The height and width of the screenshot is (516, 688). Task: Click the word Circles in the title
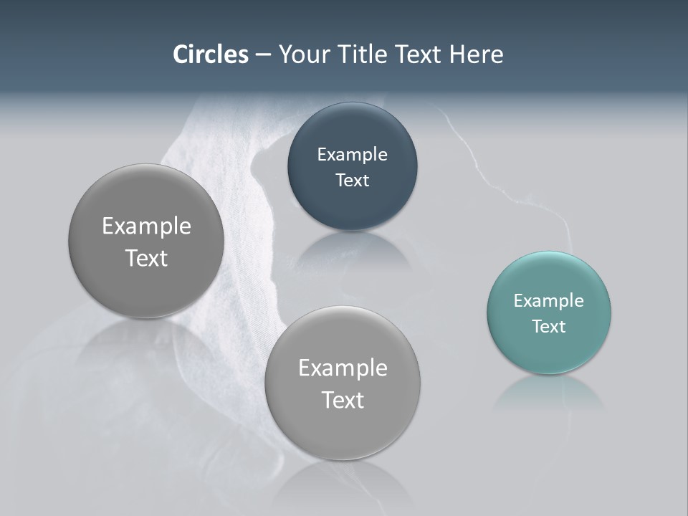[x=210, y=54]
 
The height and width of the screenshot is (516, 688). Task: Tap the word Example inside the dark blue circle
[x=352, y=154]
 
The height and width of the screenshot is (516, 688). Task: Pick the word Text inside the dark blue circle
[x=352, y=180]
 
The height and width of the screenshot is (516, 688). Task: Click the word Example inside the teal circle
[x=549, y=300]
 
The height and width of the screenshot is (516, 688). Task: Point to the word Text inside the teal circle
[x=549, y=326]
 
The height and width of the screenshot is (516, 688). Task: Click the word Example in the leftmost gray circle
[x=146, y=226]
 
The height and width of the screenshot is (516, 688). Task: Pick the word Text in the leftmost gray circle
[x=146, y=258]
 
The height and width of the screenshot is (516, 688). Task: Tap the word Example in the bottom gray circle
[x=343, y=368]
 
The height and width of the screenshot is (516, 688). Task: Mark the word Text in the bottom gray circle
[x=343, y=400]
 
